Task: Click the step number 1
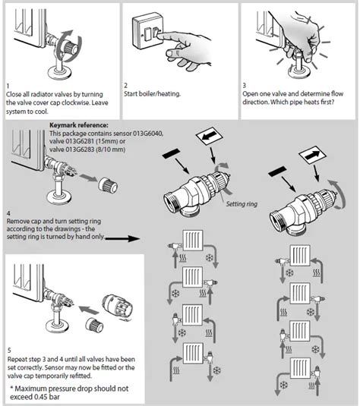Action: tap(7, 86)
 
